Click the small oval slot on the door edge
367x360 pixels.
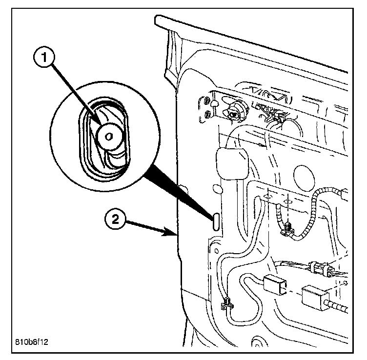tap(215, 220)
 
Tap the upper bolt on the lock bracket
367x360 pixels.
tap(207, 103)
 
